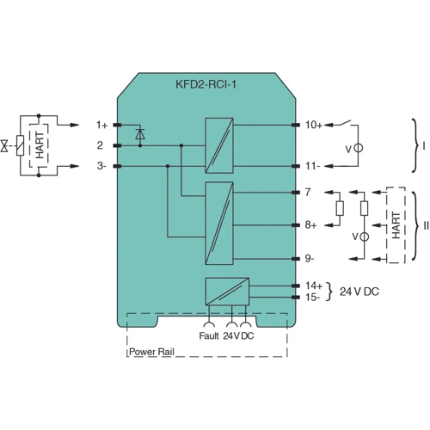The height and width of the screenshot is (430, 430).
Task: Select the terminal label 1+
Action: click(101, 125)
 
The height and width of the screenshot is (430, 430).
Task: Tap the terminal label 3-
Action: click(101, 167)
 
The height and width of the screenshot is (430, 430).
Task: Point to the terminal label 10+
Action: click(315, 125)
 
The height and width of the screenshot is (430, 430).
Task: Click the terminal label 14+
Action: click(315, 284)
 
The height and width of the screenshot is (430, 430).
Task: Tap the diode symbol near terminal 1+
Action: click(142, 134)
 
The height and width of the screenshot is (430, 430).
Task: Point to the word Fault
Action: click(209, 337)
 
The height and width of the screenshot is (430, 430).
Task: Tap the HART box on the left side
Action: click(39, 145)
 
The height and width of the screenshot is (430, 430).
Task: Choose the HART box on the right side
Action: click(396, 224)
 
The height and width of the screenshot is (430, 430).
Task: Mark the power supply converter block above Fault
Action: click(226, 290)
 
